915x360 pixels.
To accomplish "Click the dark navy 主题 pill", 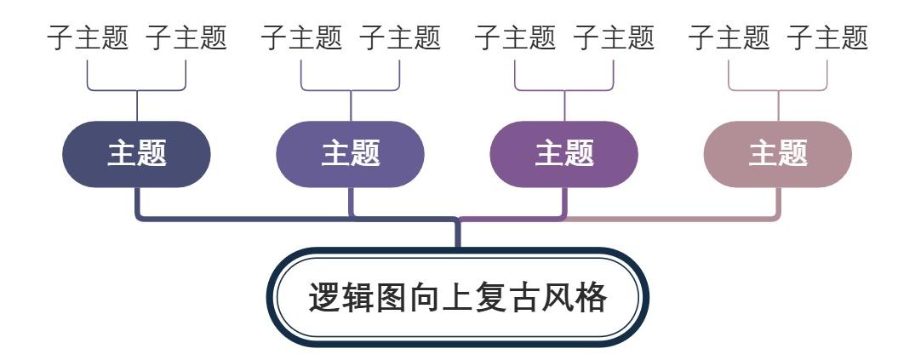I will (136, 154).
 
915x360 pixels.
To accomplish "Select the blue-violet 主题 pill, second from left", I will (351, 154).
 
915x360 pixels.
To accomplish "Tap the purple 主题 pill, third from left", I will (564, 154).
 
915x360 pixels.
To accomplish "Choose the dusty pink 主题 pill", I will (778, 154).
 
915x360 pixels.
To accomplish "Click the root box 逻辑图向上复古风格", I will (457, 299).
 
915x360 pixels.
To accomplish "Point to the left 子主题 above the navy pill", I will (88, 37).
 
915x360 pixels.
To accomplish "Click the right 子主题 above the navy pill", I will (186, 37).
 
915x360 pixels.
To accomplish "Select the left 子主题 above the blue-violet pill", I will (301, 37).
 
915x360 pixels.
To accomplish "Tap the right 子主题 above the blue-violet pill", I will (400, 37).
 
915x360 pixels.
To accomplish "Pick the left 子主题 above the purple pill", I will (515, 37).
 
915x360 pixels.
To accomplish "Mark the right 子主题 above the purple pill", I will (614, 37).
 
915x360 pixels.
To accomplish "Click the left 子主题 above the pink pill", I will (729, 37).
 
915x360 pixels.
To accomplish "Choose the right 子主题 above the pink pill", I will (827, 37).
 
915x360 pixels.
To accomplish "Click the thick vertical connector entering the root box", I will (457, 234).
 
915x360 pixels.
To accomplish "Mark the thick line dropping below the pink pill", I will (778, 203).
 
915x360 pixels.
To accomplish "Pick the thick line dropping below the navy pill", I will (137, 203).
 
